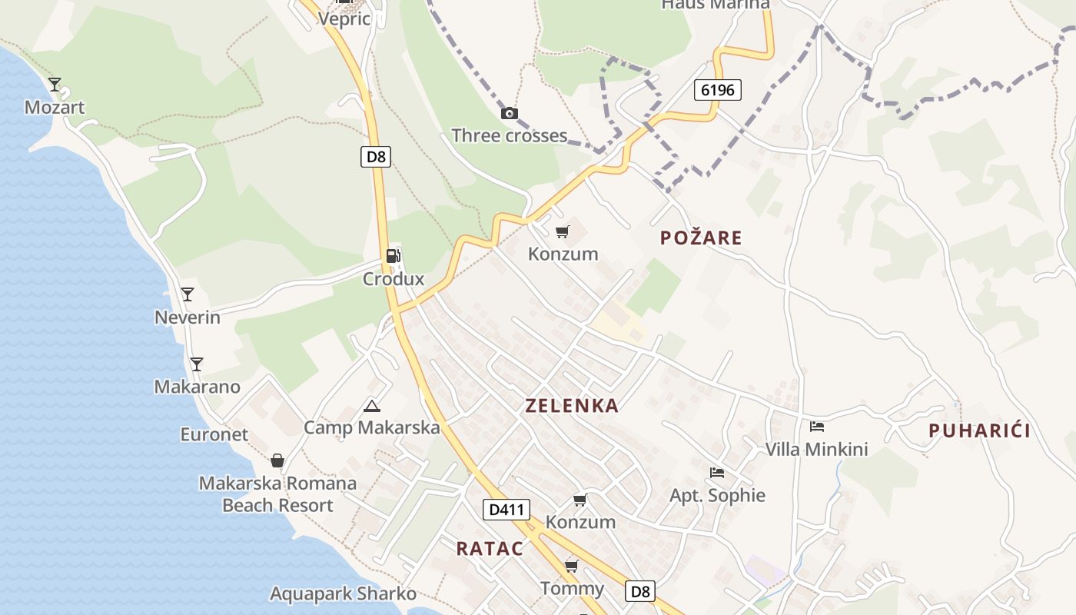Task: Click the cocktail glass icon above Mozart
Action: tap(55, 84)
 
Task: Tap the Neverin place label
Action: tap(187, 317)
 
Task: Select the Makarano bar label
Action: tap(197, 387)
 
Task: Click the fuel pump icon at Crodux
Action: tap(393, 256)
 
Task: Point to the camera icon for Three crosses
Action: tap(509, 114)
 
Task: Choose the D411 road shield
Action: tap(506, 509)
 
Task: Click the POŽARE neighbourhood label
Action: tap(701, 238)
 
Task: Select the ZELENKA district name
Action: tap(572, 406)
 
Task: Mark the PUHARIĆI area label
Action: tap(979, 430)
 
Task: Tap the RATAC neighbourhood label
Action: tap(490, 549)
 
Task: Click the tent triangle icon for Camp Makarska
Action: tap(372, 406)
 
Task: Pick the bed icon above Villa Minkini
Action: tap(816, 427)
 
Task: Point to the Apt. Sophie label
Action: tap(717, 495)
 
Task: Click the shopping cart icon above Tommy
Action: tap(571, 567)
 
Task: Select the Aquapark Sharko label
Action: tap(343, 593)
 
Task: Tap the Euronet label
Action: tap(214, 434)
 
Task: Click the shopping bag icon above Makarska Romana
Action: tap(277, 460)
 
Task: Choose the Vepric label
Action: tap(344, 18)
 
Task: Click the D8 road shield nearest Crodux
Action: tap(375, 157)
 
